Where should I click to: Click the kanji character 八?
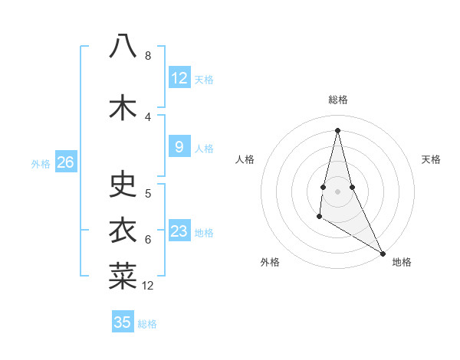123,47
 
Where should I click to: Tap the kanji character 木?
123,108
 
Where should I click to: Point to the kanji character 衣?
123,231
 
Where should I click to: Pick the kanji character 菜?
123,277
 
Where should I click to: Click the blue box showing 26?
66,162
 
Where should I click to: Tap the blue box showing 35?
123,322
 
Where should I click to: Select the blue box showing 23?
179,231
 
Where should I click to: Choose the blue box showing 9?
179,147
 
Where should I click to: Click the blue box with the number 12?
179,78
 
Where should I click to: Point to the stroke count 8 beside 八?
148,56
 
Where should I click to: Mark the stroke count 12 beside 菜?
148,286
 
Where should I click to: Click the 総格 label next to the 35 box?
147,324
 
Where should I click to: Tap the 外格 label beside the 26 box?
41,163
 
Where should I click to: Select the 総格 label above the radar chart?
338,100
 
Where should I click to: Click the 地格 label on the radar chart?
402,262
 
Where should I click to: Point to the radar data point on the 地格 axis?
383,253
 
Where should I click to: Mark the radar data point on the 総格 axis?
338,129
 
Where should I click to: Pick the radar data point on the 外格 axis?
319,217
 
